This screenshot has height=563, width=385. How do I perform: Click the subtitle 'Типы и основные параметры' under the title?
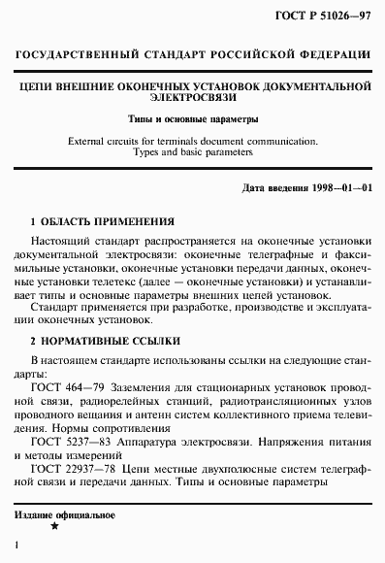192,119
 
